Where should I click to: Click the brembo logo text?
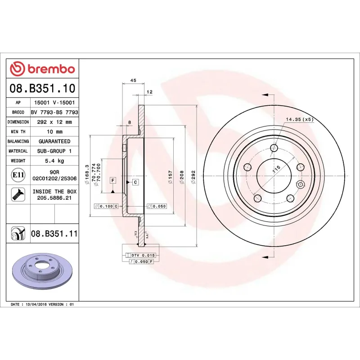[x=51, y=69]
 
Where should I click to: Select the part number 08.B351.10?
[x=42, y=88]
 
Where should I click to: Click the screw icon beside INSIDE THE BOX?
[x=18, y=194]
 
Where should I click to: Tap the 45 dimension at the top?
[x=133, y=80]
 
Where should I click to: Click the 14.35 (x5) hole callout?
[x=300, y=119]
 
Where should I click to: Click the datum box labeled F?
[x=112, y=180]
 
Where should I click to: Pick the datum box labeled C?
[x=135, y=182]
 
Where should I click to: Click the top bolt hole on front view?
[x=274, y=148]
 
